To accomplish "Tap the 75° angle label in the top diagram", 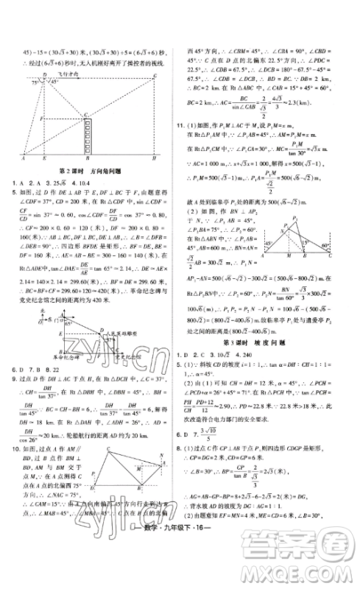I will click(33, 82).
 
